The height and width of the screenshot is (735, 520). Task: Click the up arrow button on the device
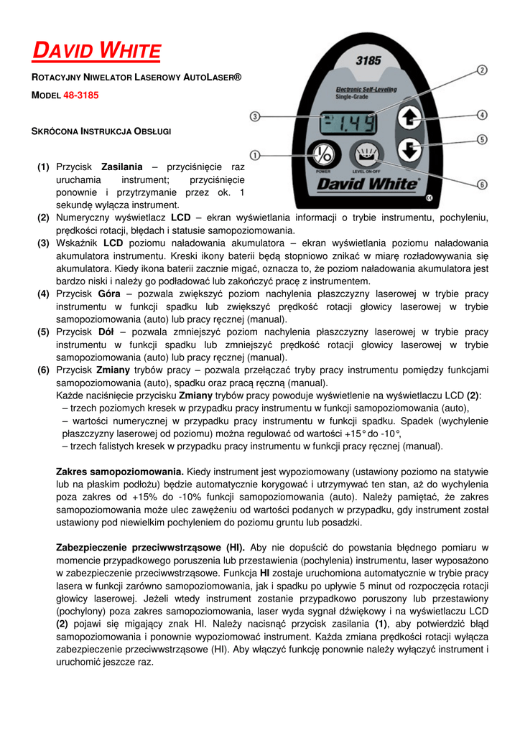(409, 118)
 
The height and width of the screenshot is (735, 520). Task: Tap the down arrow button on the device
(409, 150)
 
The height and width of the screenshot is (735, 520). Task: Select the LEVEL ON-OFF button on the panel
(366, 155)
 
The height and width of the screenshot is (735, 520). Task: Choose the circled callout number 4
(483, 114)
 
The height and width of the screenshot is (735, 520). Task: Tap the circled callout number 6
(482, 184)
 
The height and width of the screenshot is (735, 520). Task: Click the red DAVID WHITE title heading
(98, 52)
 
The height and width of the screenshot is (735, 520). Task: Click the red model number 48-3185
(81, 95)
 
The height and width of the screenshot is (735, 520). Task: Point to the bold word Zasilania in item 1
(122, 166)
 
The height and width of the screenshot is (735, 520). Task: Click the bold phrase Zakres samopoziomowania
(119, 472)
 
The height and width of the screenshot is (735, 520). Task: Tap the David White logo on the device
(367, 184)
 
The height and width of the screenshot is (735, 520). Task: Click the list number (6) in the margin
(44, 370)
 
